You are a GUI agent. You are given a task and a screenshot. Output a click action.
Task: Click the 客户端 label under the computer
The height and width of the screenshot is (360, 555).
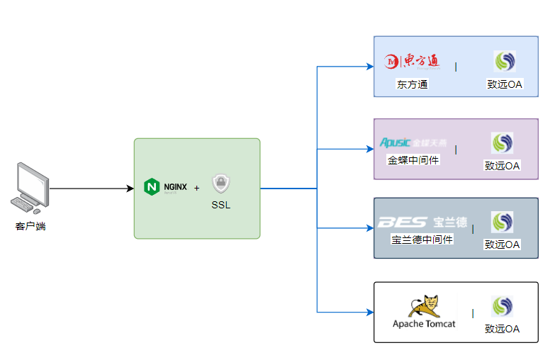pyautogui.click(x=30, y=227)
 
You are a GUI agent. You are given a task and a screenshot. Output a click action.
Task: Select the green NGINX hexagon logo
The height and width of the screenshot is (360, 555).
pyautogui.click(x=152, y=187)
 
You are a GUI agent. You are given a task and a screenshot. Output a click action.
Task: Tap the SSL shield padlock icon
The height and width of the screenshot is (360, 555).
pyautogui.click(x=222, y=184)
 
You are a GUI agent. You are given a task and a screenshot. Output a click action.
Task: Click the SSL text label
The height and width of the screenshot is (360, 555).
pyautogui.click(x=221, y=206)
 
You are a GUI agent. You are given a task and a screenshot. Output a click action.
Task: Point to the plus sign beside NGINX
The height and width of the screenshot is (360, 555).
pyautogui.click(x=196, y=189)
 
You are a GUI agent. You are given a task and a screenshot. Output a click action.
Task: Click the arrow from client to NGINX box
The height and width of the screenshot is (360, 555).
pyautogui.click(x=92, y=189)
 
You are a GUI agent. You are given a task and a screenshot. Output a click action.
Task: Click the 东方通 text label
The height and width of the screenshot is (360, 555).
pyautogui.click(x=412, y=84)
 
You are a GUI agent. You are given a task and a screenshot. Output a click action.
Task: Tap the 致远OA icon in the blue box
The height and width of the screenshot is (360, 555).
pyautogui.click(x=504, y=62)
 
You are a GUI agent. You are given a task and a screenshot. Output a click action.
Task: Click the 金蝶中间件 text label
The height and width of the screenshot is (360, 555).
pyautogui.click(x=413, y=160)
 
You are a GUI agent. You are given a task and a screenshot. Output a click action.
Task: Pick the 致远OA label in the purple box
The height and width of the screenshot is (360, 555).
pyautogui.click(x=502, y=166)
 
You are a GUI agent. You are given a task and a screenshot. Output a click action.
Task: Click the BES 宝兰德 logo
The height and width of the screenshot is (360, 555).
pyautogui.click(x=422, y=223)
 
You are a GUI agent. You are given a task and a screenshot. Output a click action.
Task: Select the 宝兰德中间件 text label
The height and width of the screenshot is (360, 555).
pyautogui.click(x=422, y=240)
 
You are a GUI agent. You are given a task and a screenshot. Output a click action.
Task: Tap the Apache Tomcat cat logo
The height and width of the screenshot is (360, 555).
pyautogui.click(x=424, y=305)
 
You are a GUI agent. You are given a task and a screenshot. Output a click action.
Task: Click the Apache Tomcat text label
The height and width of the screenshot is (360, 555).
pyautogui.click(x=424, y=324)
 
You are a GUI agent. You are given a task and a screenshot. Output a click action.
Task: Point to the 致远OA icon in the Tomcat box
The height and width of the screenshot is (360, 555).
pyautogui.click(x=502, y=306)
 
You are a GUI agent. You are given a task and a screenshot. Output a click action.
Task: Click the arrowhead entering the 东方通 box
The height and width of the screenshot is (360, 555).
pyautogui.click(x=369, y=67)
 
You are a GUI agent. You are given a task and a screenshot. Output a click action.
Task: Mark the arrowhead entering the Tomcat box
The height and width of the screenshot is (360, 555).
pyautogui.click(x=369, y=312)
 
